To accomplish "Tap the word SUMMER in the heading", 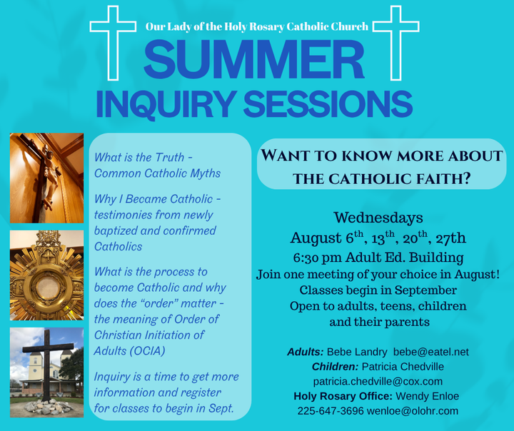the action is pos(254,60).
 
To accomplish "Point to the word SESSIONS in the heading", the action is pos(328,104).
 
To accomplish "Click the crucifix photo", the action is pos(46,178).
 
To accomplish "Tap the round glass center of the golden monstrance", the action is pos(47,288).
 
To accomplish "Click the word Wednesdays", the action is pos(378,218).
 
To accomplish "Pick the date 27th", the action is pos(450,238).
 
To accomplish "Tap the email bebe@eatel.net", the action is pos(431,352).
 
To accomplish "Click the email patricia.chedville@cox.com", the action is pos(378,381).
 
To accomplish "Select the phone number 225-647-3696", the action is pos(331,411).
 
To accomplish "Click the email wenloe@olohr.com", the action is pos(413,411).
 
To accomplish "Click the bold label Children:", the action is pos(335,367).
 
